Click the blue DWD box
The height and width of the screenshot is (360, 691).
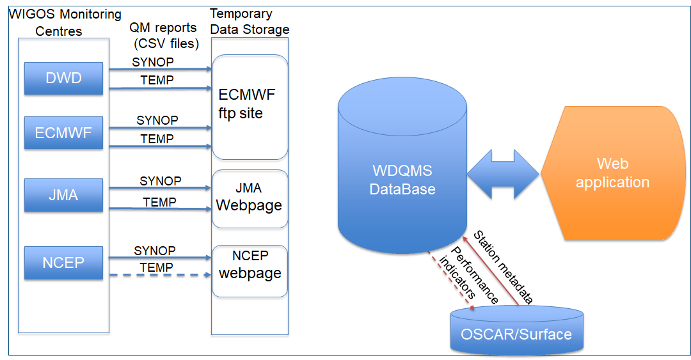pyautogui.click(x=63, y=79)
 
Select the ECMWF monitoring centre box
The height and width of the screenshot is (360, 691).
pyautogui.click(x=63, y=132)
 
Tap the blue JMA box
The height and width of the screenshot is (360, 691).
pyautogui.click(x=63, y=195)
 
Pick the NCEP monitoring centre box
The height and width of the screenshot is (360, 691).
pyautogui.click(x=63, y=263)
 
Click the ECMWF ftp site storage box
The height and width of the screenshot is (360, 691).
pyautogui.click(x=250, y=107)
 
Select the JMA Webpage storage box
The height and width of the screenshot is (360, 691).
pyautogui.click(x=250, y=199)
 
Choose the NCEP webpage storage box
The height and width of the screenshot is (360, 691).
pyautogui.click(x=250, y=271)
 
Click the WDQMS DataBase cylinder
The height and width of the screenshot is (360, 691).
pyautogui.click(x=402, y=165)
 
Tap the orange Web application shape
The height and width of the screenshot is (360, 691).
pyautogui.click(x=612, y=173)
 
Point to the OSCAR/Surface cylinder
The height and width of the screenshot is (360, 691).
pyautogui.click(x=516, y=330)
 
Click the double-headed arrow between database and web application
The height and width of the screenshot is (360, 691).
pyautogui.click(x=504, y=174)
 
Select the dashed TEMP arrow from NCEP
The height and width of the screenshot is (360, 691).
pyautogui.click(x=161, y=275)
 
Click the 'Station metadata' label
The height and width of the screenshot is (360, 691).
pyautogui.click(x=504, y=267)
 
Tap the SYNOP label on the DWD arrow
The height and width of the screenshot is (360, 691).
pyautogui.click(x=153, y=62)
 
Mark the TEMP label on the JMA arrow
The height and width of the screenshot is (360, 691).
pyautogui.click(x=159, y=202)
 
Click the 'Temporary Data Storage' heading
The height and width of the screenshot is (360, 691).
pyautogui.click(x=250, y=22)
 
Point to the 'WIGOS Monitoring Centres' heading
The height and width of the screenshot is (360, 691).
pyautogui.click(x=65, y=22)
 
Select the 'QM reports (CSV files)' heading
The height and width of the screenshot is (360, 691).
pyautogui.click(x=164, y=36)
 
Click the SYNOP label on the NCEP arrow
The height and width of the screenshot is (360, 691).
pyautogui.click(x=155, y=251)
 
